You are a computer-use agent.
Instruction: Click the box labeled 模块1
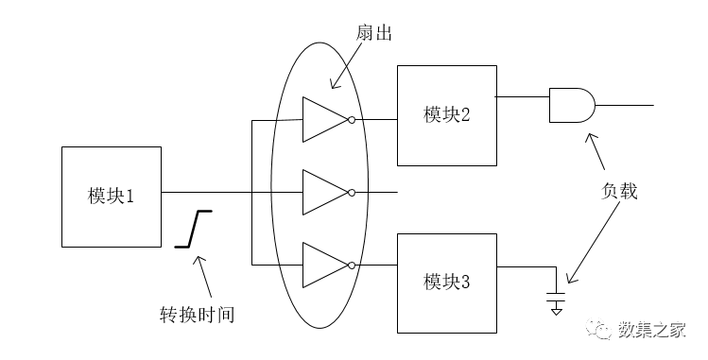(x=112, y=196)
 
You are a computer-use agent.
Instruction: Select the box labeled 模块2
(x=447, y=114)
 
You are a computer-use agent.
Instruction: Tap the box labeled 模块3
(x=447, y=282)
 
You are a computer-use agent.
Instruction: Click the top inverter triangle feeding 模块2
(x=322, y=120)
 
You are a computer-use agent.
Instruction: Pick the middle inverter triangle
(x=322, y=193)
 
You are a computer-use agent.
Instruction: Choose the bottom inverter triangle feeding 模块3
(x=322, y=265)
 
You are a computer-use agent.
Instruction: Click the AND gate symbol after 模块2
(x=571, y=105)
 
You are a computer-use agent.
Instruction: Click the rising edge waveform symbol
(x=194, y=228)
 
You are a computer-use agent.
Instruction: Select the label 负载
(x=619, y=191)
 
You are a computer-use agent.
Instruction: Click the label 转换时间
(x=197, y=314)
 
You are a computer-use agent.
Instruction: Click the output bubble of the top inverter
(x=352, y=120)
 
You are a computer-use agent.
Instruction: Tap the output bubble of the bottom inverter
(x=352, y=265)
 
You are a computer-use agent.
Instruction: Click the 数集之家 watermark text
(x=651, y=330)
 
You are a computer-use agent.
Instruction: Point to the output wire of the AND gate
(x=624, y=105)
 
